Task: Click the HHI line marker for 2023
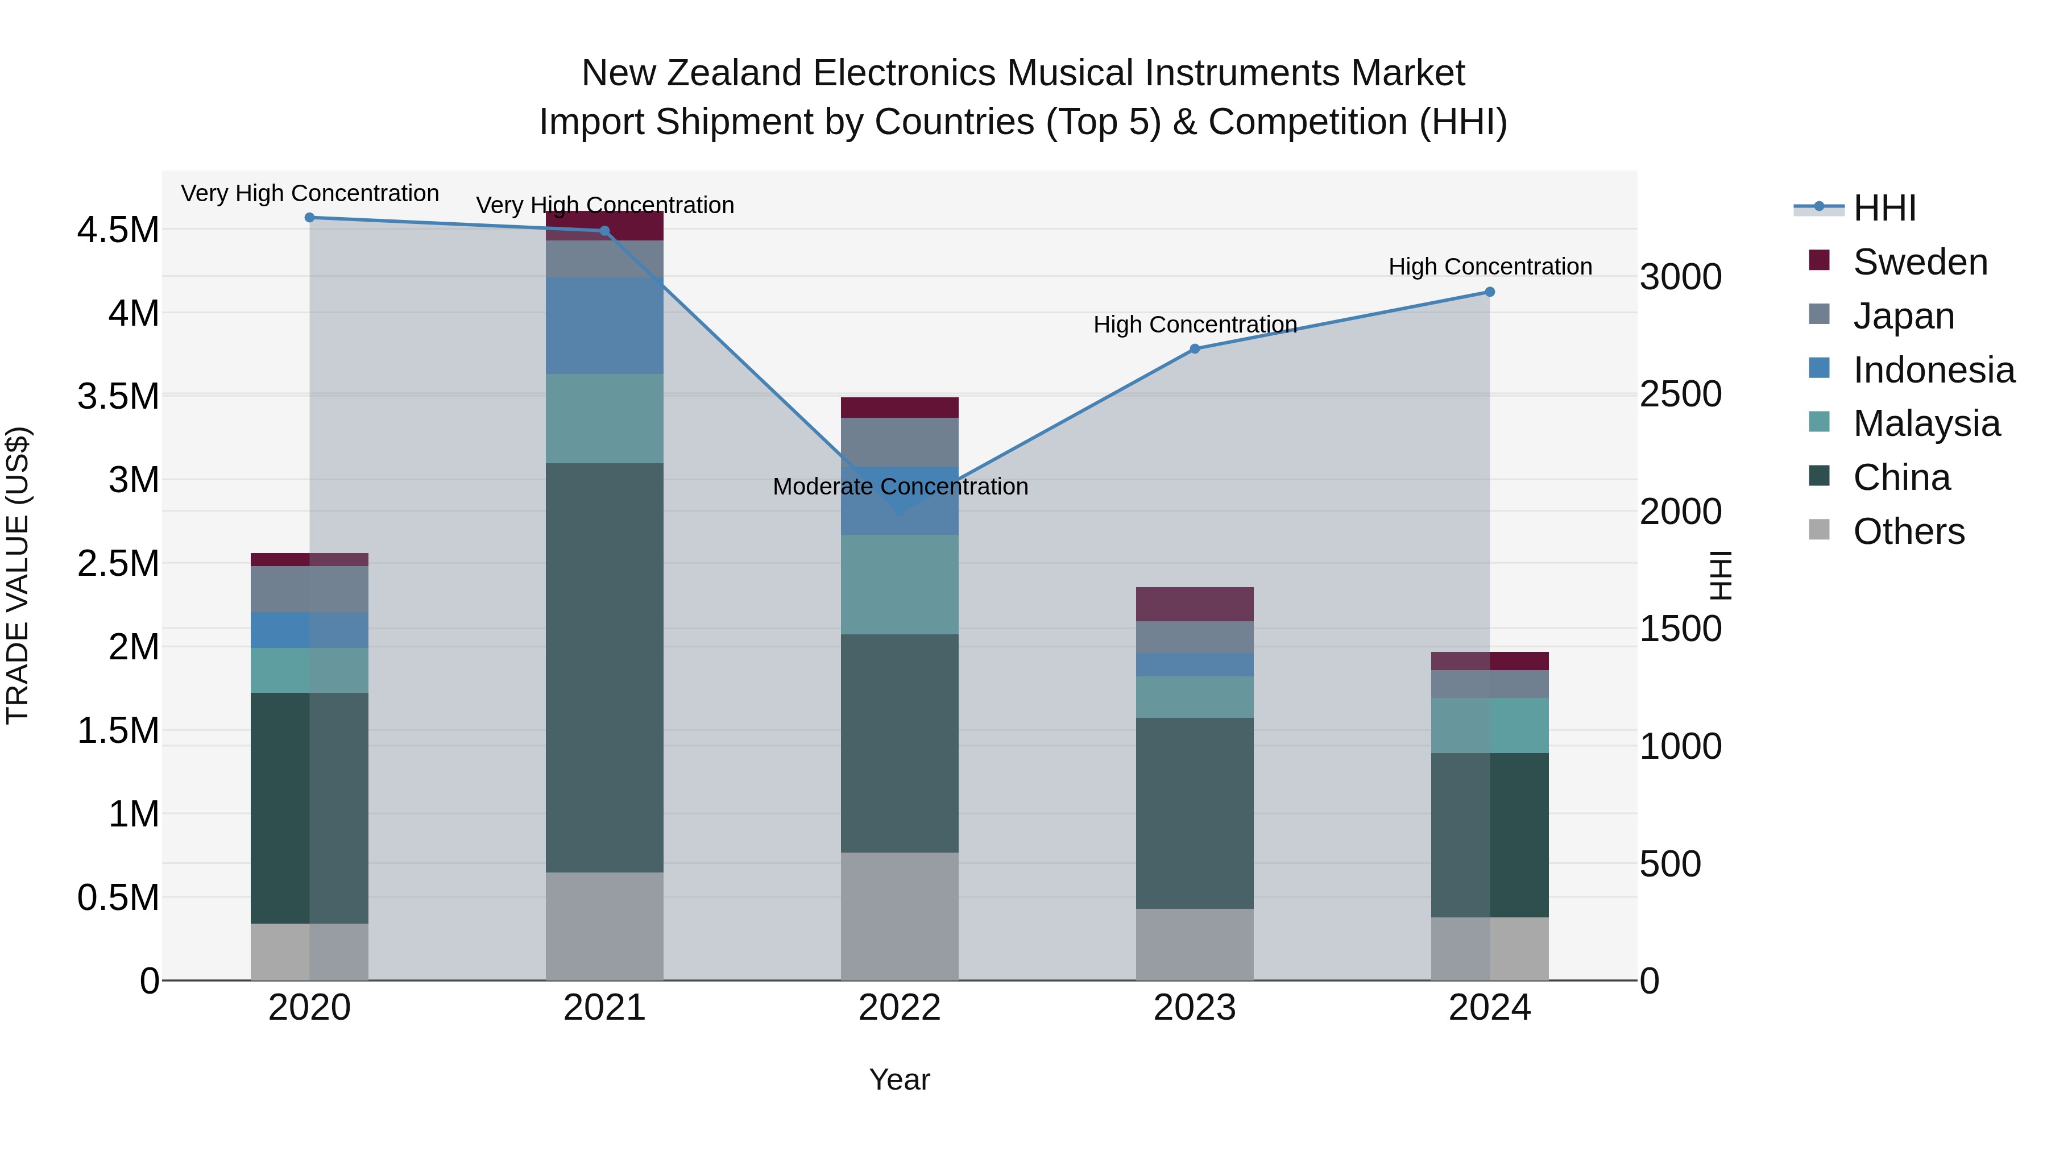tap(1194, 349)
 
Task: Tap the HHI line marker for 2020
tap(310, 218)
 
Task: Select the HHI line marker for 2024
tap(1490, 292)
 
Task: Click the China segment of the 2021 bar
tap(604, 667)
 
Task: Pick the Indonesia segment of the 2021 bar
tap(604, 326)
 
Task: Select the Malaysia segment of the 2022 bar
tap(900, 585)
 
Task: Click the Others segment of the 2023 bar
tap(1194, 945)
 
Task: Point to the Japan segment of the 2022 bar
tap(900, 442)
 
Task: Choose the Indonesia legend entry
tap(1933, 370)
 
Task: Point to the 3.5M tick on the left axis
tap(118, 396)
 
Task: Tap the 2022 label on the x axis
tap(900, 1007)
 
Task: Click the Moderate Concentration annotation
tap(900, 486)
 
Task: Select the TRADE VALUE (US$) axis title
tap(18, 575)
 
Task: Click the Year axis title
tap(900, 1079)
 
